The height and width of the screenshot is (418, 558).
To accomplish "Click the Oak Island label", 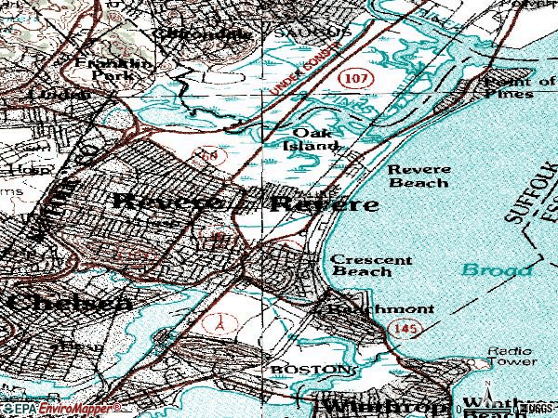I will pos(311,138).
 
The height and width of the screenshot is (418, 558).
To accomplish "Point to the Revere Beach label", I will pos(419,176).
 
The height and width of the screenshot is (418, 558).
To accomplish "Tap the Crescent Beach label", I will pos(371,266).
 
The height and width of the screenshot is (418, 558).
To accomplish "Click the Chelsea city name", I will pos(65,303).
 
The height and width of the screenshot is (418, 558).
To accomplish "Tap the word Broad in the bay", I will pos(497,269).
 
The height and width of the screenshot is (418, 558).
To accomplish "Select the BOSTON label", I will pos(312,369).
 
